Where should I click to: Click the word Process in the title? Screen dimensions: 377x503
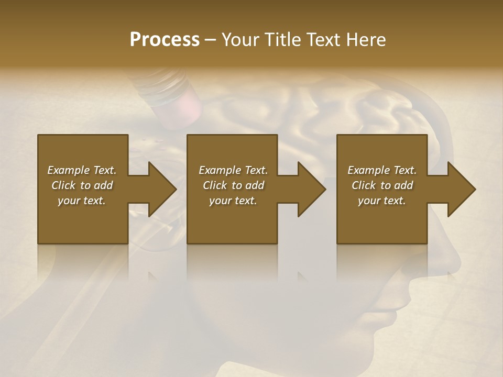[165, 40]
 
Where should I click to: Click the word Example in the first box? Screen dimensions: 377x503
[68, 170]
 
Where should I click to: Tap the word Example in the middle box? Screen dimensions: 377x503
[220, 170]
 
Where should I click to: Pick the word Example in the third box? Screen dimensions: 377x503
[368, 170]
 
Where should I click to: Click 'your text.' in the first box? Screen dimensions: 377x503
[82, 201]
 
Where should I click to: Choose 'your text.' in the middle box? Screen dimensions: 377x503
[233, 201]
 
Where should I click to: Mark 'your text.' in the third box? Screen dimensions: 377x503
[382, 201]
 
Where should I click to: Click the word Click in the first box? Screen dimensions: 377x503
[63, 185]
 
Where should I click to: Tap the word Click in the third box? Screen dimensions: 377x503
[364, 185]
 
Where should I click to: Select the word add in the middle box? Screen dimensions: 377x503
[255, 185]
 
